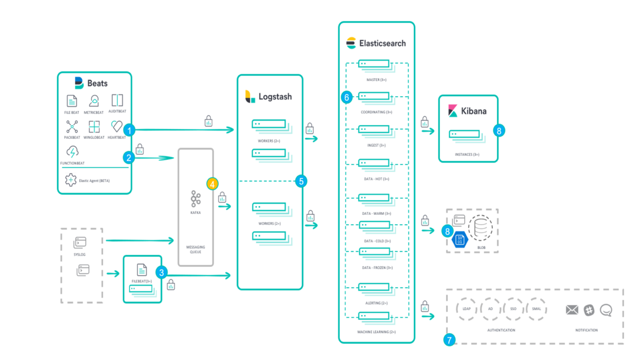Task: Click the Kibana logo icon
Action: point(453,111)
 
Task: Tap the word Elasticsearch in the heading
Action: point(382,43)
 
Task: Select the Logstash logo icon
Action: point(250,97)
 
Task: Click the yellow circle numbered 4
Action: point(212,184)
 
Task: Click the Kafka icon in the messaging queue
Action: point(196,199)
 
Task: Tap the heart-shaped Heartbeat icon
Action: point(117,126)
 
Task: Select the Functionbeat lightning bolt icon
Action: point(73,152)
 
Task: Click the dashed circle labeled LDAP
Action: point(467,309)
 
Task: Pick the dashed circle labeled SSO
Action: point(513,309)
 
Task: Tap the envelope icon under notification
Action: point(572,310)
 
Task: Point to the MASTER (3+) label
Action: point(376,80)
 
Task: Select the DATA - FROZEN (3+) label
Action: point(378,267)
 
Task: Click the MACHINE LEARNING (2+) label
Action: point(377,332)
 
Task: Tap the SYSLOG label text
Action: point(80,255)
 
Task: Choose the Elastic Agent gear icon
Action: point(71,180)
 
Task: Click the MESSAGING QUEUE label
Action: point(195,249)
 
